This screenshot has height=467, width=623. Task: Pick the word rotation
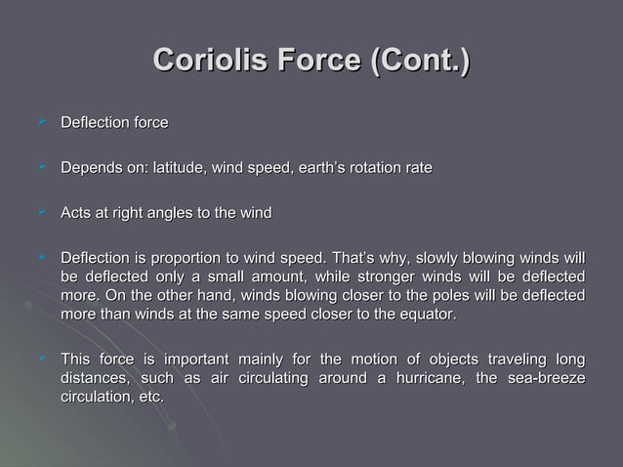(x=366, y=169)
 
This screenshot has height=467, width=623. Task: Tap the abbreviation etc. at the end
(x=146, y=398)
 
